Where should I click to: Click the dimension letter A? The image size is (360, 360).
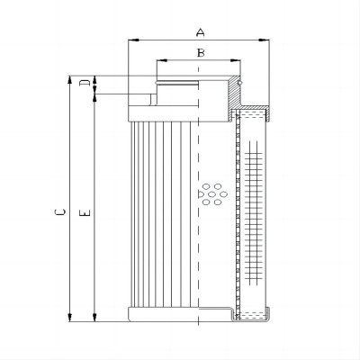pos(201,32)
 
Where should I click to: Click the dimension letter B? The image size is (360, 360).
pos(201,53)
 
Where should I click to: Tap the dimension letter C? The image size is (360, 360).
pos(60,211)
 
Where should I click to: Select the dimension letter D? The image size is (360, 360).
pos(85,83)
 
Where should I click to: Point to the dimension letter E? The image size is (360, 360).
pos(85,212)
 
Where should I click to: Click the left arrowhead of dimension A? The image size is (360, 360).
pos(133,40)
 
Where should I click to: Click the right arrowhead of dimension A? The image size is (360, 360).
pos(264,40)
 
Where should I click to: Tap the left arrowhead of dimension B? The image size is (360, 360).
pos(162,60)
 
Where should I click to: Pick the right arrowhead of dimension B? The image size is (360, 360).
pos(235,60)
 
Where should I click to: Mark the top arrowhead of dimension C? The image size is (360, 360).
pos(70,80)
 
